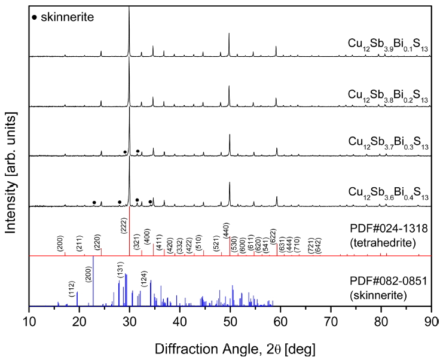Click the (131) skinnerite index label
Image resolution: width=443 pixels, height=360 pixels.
pyautogui.click(x=120, y=273)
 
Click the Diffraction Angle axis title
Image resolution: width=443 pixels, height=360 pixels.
pyautogui.click(x=230, y=347)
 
